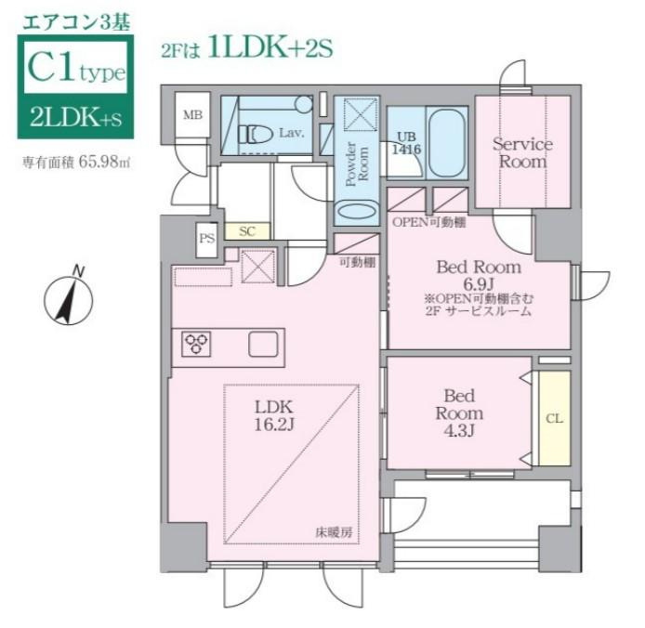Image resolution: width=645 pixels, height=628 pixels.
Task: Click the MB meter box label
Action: (x=192, y=115)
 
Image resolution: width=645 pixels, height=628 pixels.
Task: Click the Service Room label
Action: (x=521, y=152)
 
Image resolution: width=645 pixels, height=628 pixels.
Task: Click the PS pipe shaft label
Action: (x=206, y=238)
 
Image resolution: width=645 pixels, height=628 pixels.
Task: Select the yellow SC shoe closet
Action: (x=247, y=231)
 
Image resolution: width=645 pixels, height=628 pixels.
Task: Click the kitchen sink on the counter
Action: (x=261, y=344)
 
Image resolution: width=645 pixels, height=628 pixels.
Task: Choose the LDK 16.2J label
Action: (x=274, y=416)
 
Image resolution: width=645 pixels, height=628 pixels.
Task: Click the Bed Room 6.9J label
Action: (x=478, y=276)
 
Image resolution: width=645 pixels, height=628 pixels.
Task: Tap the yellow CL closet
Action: (x=554, y=418)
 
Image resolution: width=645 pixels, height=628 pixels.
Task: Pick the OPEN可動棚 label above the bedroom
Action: (x=428, y=223)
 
